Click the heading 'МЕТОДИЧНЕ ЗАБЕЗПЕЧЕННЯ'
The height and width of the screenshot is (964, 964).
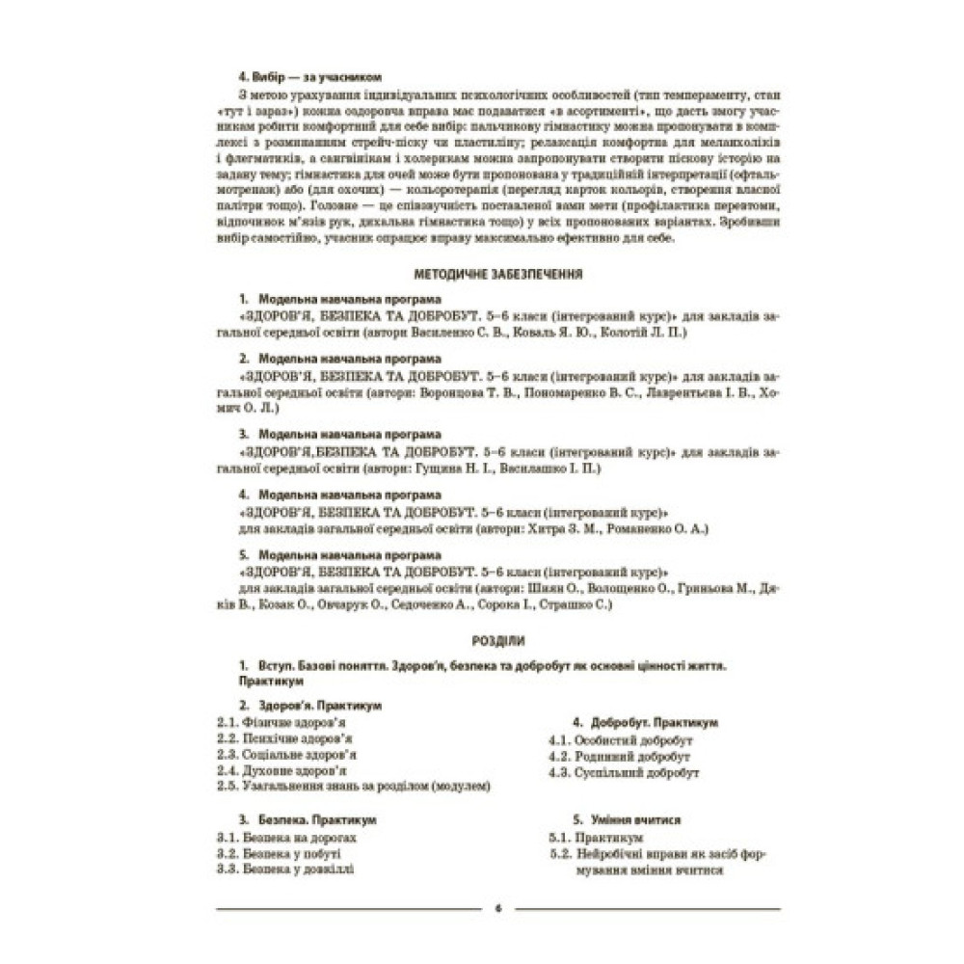(497, 275)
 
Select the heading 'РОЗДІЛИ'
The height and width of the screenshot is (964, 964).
(498, 640)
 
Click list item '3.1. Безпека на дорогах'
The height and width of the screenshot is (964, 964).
(287, 838)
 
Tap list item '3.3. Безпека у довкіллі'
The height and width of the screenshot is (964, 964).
(284, 870)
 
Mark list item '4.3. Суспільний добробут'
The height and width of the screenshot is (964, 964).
(623, 773)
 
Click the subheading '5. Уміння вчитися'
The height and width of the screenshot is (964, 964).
(628, 820)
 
